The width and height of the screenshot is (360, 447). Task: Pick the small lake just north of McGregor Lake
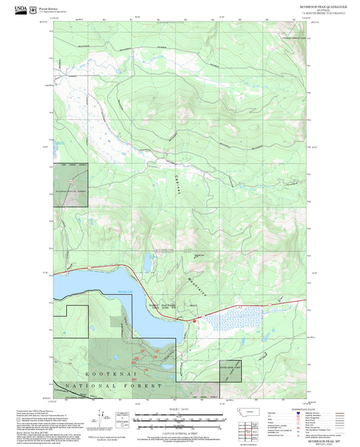145,261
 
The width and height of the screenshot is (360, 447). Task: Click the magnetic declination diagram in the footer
101,417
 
